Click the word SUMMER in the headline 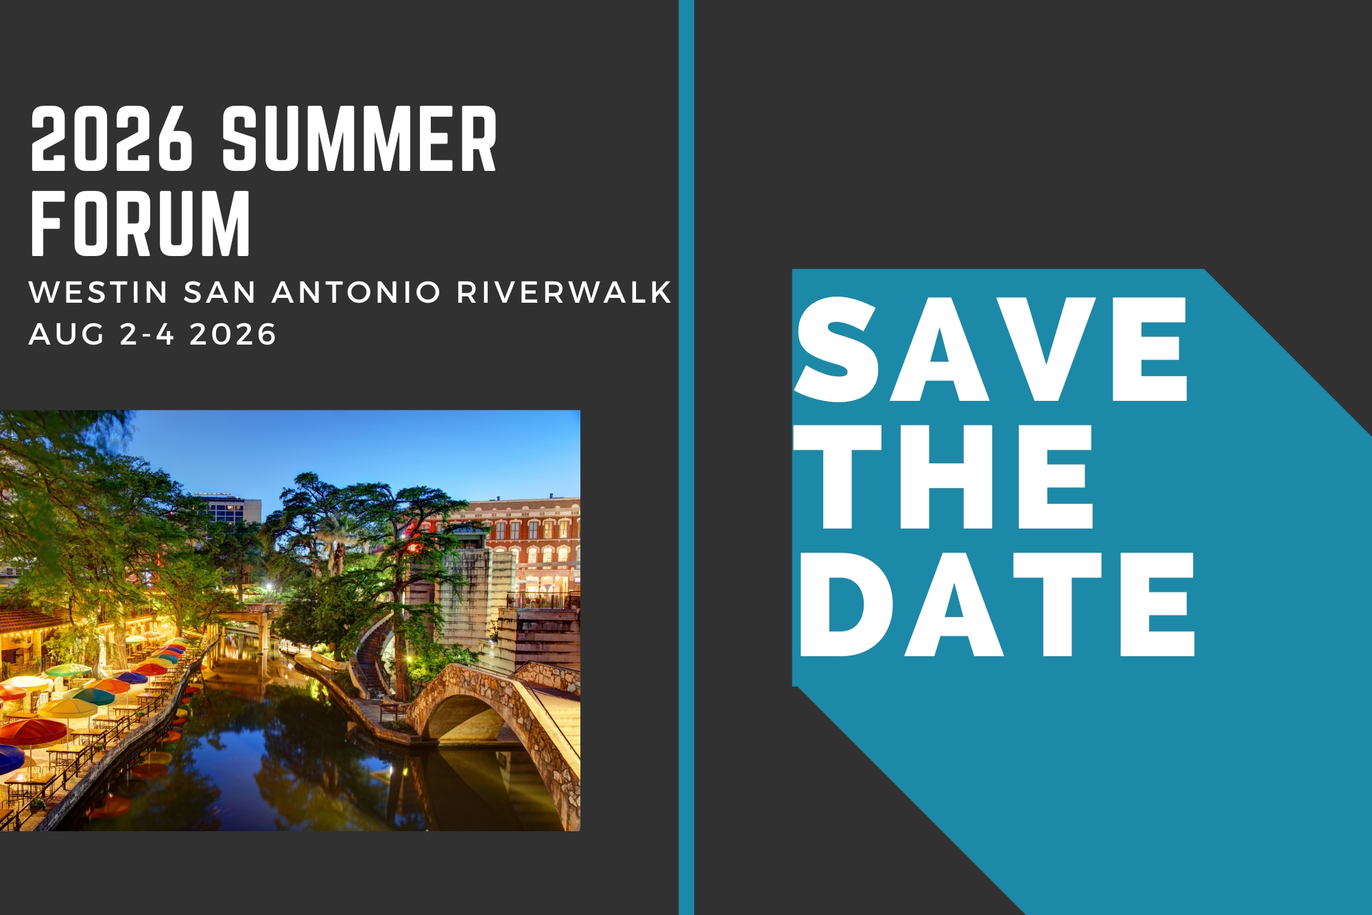click(x=359, y=139)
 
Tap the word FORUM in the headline click(x=141, y=224)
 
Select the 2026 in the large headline click(x=112, y=139)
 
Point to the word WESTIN click(x=99, y=292)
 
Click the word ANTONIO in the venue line click(x=356, y=292)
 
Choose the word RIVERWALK click(x=564, y=292)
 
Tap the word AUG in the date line click(x=67, y=334)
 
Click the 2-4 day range click(x=147, y=334)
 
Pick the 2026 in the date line click(x=233, y=334)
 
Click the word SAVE click(x=991, y=349)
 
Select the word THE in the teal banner click(x=943, y=476)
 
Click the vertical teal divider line click(x=686, y=457)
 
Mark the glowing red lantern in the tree click(x=414, y=548)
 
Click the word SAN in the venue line click(x=220, y=292)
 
